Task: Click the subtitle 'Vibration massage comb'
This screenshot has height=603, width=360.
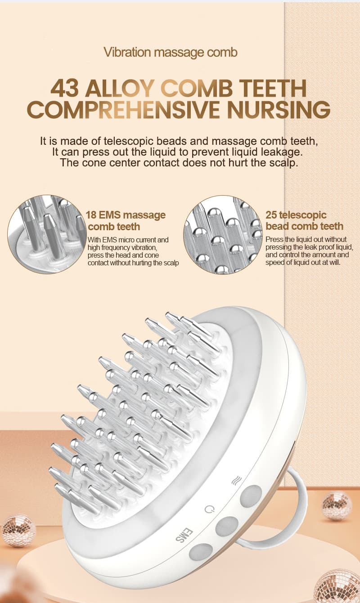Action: [171, 53]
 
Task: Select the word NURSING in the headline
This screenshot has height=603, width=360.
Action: [279, 110]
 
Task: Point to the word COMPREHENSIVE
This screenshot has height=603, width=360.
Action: [123, 110]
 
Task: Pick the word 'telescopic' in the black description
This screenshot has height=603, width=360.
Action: [129, 141]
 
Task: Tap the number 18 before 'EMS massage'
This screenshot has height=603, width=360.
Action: [91, 215]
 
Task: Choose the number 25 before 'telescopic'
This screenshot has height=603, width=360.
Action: [271, 215]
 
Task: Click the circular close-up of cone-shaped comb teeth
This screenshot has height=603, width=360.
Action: [47, 234]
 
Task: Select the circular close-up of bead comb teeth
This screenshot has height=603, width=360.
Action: [223, 235]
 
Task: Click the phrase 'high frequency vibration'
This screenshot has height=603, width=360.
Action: [122, 247]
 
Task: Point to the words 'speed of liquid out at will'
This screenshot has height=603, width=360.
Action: [303, 263]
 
